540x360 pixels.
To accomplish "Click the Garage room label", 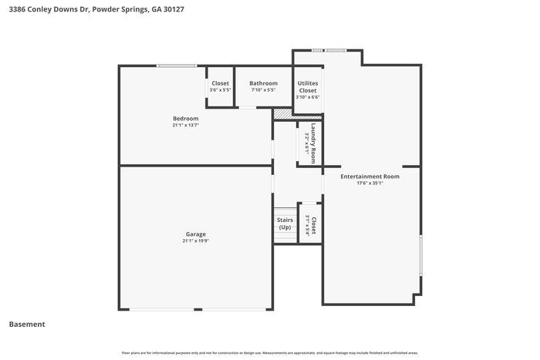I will pyautogui.click(x=195, y=234).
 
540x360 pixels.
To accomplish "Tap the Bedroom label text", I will pyautogui.click(x=185, y=118).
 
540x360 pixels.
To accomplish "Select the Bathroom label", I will pyautogui.click(x=263, y=83).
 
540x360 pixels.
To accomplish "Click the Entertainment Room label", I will pyautogui.click(x=370, y=177).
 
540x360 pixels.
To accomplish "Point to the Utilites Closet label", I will pyautogui.click(x=308, y=86).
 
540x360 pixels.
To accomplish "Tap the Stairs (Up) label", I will pyautogui.click(x=285, y=224).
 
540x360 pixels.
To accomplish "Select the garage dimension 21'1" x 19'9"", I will pyautogui.click(x=195, y=241).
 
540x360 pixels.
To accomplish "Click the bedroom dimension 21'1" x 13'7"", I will pyautogui.click(x=185, y=125).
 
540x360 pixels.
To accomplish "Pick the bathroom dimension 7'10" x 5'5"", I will pyautogui.click(x=263, y=90).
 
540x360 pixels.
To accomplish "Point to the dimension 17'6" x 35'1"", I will pyautogui.click(x=370, y=183).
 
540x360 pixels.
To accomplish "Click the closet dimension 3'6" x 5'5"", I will pyautogui.click(x=220, y=90).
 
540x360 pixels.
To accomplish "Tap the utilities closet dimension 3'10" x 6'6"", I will pyautogui.click(x=308, y=97).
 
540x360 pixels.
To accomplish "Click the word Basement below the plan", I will pyautogui.click(x=27, y=325).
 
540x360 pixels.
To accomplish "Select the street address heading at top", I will pyautogui.click(x=96, y=10).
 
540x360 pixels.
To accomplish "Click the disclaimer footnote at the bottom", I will pyautogui.click(x=270, y=352).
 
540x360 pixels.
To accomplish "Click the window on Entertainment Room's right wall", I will pyautogui.click(x=420, y=254).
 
